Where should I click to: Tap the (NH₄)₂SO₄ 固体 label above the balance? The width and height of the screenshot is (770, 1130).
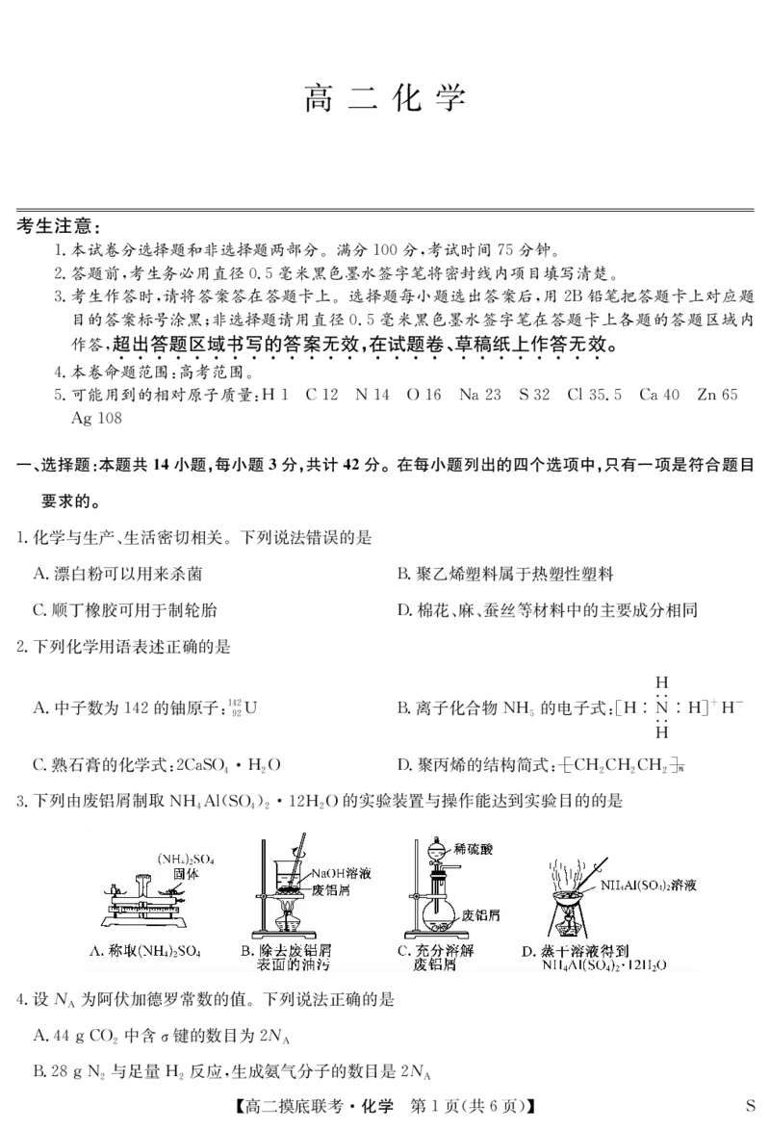(x=187, y=865)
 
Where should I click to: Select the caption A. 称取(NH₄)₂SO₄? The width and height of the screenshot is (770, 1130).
(x=144, y=953)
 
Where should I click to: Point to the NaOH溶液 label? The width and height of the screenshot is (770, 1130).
(x=342, y=874)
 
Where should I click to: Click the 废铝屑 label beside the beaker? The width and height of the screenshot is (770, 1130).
(x=332, y=890)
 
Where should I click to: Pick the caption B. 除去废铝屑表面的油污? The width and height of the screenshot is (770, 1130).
(x=294, y=959)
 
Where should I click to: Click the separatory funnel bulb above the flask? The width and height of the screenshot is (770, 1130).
(x=438, y=851)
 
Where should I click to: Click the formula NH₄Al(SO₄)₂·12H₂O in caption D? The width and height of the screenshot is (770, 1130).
(x=603, y=965)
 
